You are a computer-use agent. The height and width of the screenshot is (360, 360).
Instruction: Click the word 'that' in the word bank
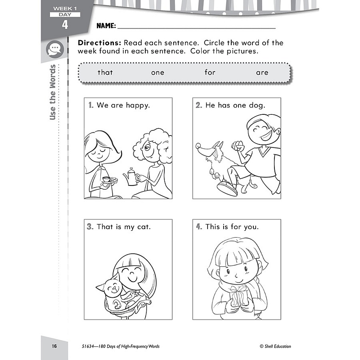105,72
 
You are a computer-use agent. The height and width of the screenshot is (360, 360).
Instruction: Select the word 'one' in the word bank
158,73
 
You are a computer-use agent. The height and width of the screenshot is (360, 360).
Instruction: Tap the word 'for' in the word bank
210,72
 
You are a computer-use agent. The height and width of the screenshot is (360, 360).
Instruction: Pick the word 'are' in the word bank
262,73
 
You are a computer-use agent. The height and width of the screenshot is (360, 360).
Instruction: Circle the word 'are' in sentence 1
117,105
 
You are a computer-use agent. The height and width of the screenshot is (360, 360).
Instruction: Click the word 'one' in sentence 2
239,105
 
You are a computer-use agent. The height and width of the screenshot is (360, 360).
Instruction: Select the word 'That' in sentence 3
105,227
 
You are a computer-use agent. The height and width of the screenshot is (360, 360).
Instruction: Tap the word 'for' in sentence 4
236,227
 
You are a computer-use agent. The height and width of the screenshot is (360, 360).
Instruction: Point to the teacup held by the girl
106,179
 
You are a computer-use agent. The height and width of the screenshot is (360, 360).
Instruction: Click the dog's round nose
198,146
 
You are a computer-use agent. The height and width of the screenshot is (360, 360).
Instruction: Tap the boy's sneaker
227,188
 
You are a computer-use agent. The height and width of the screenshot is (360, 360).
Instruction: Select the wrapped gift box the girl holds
239,296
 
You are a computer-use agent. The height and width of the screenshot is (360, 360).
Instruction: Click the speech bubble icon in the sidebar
55,49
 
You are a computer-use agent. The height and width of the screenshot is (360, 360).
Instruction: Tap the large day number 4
65,25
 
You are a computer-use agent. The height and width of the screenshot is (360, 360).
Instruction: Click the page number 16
54,346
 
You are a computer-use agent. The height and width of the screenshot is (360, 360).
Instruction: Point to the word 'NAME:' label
106,26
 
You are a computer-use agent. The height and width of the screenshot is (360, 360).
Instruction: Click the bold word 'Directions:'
99,43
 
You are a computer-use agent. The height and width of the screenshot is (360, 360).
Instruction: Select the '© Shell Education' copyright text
275,346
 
